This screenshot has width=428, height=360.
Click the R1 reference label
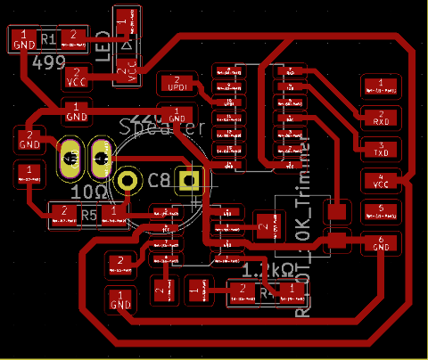click(48, 39)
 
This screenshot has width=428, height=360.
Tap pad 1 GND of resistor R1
click(24, 38)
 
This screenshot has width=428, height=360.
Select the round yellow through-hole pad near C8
click(129, 181)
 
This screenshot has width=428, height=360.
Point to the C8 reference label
click(159, 181)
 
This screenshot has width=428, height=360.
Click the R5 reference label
click(87, 215)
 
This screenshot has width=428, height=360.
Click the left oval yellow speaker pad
click(70, 159)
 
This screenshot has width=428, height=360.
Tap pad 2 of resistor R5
click(62, 212)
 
